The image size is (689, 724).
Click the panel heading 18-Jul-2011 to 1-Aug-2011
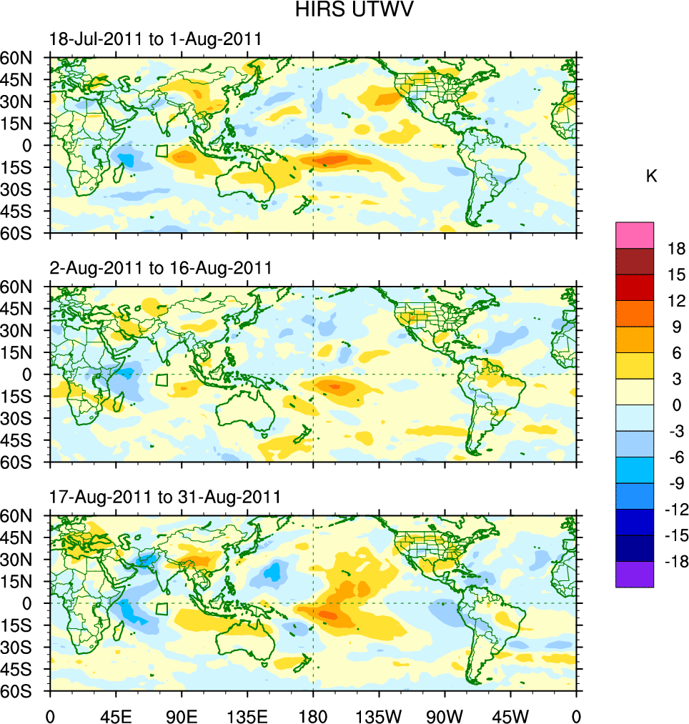tap(155, 39)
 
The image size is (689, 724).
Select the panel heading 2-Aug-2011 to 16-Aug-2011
tap(160, 268)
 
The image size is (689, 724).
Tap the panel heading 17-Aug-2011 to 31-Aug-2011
tap(165, 497)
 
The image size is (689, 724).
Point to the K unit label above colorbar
tap(652, 176)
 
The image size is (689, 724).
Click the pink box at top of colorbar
tap(635, 234)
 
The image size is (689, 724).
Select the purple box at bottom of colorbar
tap(635, 574)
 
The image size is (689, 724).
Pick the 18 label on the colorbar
tap(676, 249)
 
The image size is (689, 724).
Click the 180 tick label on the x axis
tap(313, 715)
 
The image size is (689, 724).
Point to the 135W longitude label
tap(379, 715)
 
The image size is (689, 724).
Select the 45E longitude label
tap(116, 715)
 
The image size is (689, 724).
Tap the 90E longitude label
tap(182, 715)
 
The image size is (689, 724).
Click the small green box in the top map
tap(162, 151)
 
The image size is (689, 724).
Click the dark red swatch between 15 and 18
tap(635, 261)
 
